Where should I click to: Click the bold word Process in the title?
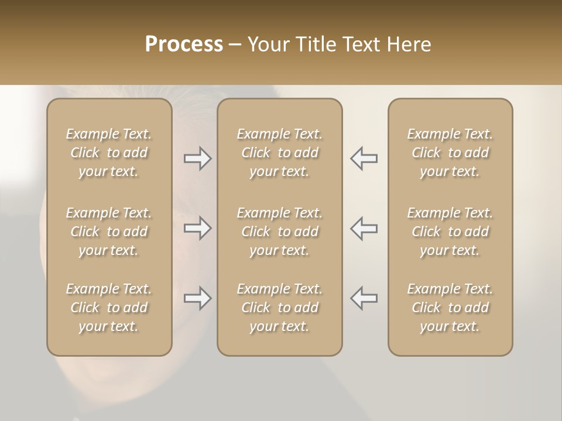coord(184,44)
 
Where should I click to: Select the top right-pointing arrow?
coord(197,158)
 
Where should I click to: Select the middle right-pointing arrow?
coord(197,228)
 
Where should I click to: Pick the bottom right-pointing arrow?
coord(197,298)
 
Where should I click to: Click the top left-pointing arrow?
coord(364,158)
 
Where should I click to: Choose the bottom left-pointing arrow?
coord(364,298)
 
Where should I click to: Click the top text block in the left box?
coord(109,153)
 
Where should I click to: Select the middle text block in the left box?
coord(109,232)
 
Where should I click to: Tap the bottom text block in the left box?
coord(109,308)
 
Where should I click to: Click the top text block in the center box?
coord(280,153)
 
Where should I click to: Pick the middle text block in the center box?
coord(280,232)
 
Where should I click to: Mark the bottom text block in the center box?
coord(280,308)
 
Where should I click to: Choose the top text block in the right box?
coord(450,153)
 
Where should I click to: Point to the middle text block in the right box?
coord(450,232)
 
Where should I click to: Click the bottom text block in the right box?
coord(450,308)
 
